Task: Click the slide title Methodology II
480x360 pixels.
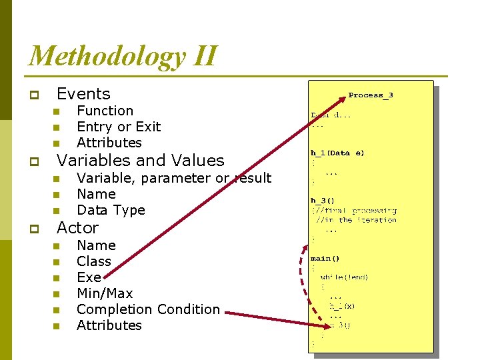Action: [x=123, y=55]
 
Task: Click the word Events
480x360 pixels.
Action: [x=83, y=94]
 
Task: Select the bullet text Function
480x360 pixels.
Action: [x=105, y=111]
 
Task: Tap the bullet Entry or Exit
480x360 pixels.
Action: [x=119, y=127]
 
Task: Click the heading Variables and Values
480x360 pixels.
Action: [x=141, y=161]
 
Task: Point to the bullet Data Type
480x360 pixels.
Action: [x=111, y=210]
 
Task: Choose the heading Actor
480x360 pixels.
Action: [x=77, y=228]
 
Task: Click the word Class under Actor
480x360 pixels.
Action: [x=94, y=261]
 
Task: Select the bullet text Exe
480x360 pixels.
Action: [x=89, y=277]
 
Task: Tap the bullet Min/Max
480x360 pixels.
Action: [x=105, y=293]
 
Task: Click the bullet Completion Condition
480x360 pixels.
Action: [x=148, y=309]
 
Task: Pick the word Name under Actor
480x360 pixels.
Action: [x=96, y=245]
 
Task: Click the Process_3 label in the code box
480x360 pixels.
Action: [x=371, y=95]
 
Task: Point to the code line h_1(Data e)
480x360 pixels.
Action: [x=337, y=153]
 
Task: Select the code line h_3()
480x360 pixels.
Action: [x=323, y=200]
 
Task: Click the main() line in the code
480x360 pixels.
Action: [x=325, y=258]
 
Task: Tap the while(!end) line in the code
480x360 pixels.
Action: [x=344, y=277]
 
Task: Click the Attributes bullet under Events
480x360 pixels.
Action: [x=109, y=143]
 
